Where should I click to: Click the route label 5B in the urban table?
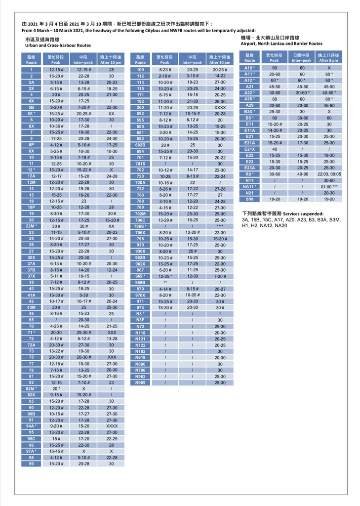click(x=31, y=107)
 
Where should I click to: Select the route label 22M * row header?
click(x=31, y=226)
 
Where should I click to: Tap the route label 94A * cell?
click(x=31, y=425)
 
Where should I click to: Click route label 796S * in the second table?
click(x=140, y=226)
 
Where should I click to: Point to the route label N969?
click(x=140, y=382)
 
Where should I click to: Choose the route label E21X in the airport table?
click(x=249, y=149)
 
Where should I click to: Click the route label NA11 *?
click(x=249, y=187)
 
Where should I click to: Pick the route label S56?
click(x=249, y=199)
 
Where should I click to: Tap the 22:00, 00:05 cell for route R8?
click(x=329, y=174)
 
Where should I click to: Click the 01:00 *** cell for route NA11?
click(x=329, y=187)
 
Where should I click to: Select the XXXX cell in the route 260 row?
click(x=220, y=107)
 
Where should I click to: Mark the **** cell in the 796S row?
click(x=220, y=226)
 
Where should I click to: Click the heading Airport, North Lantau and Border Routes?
click(x=281, y=43)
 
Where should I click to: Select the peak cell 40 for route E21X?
click(x=275, y=149)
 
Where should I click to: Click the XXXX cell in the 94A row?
click(x=112, y=425)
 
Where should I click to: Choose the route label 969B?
click(x=140, y=282)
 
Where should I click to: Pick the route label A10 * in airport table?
click(x=249, y=67)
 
